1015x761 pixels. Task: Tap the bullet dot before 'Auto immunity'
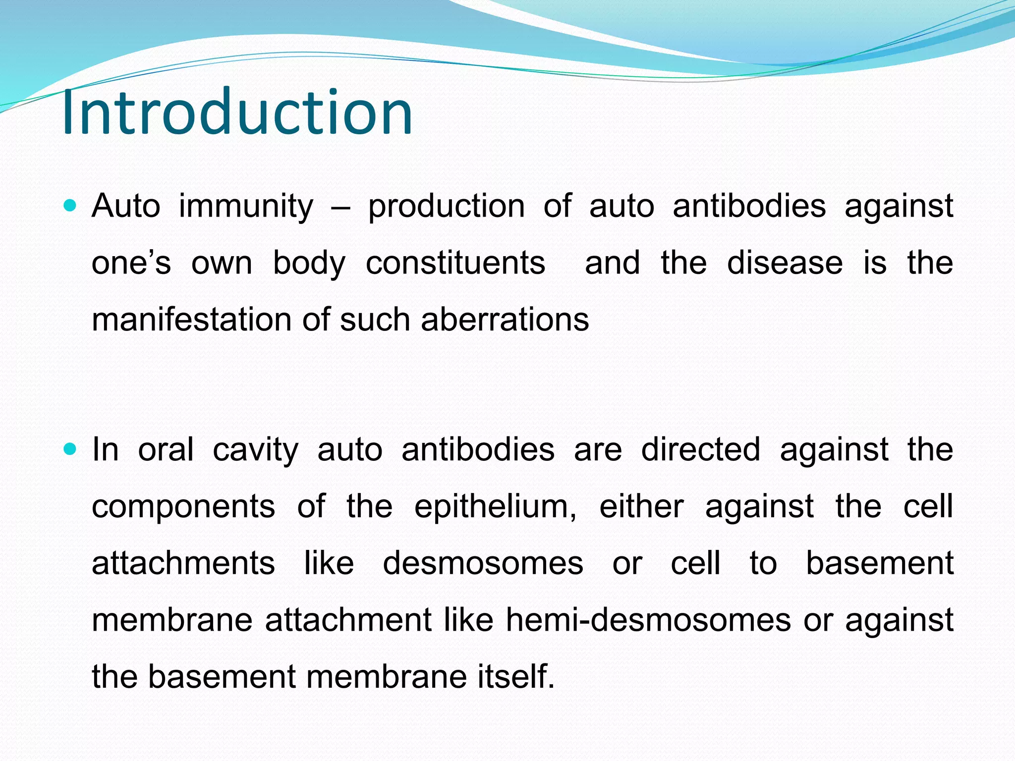click(x=70, y=205)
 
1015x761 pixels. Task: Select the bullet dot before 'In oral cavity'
click(x=70, y=449)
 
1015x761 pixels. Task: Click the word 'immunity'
click(x=246, y=206)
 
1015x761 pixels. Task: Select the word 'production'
click(x=446, y=207)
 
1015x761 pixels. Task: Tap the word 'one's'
click(x=131, y=263)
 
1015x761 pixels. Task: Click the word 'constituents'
click(x=455, y=263)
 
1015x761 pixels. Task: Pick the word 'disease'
click(x=785, y=263)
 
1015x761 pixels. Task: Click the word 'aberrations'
click(x=505, y=319)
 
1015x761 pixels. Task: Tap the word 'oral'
click(x=166, y=450)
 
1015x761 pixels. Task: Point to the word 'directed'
click(x=700, y=450)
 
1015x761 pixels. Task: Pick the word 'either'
click(x=641, y=506)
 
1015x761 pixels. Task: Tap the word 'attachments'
click(x=183, y=564)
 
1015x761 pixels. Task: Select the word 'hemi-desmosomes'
click(x=648, y=620)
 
